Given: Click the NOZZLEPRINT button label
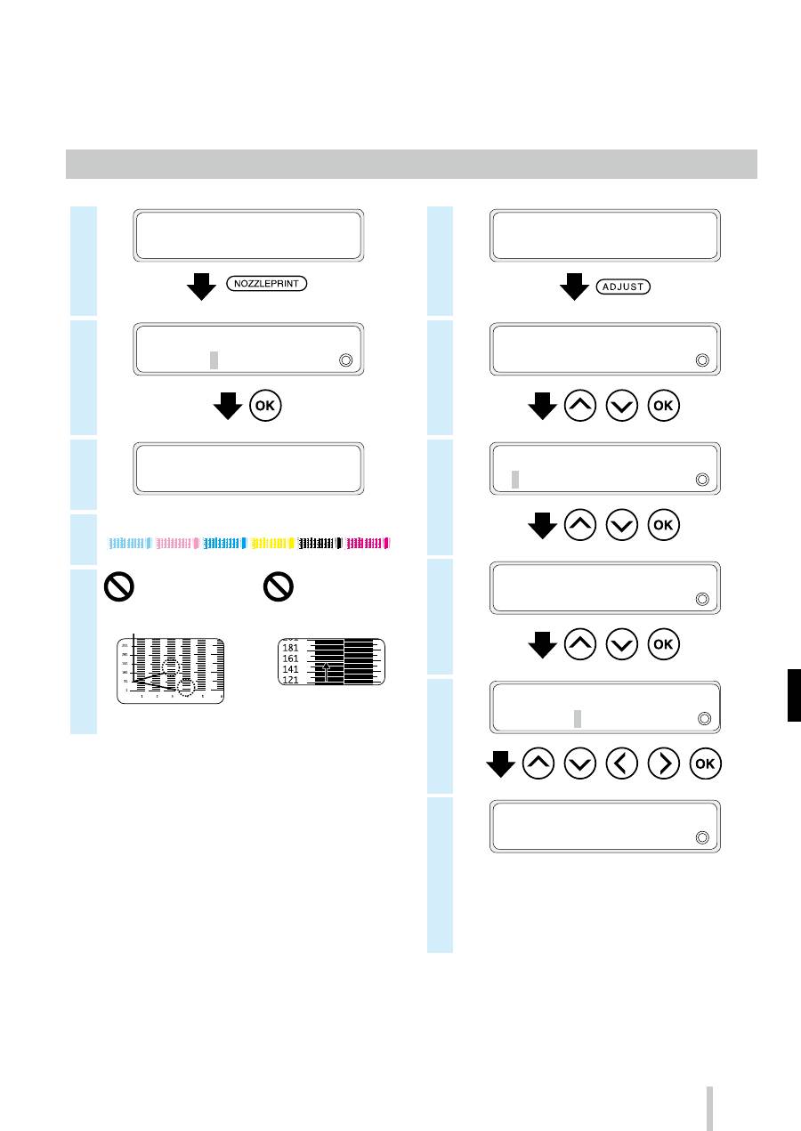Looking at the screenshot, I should click(x=266, y=285).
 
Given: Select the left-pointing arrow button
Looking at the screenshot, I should click(x=622, y=764).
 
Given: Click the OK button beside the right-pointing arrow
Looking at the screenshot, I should click(x=704, y=764).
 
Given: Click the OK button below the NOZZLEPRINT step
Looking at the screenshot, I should click(x=267, y=407).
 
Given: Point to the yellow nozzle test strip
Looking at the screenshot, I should click(x=273, y=541).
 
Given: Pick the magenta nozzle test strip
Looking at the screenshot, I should click(x=368, y=541).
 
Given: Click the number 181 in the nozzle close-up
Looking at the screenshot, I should click(x=289, y=648).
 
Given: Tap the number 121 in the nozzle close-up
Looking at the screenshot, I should click(x=289, y=680).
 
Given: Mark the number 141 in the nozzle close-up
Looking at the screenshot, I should click(x=289, y=669).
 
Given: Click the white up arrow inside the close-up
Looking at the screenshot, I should click(x=328, y=671).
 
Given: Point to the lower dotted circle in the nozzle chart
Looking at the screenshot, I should click(x=186, y=685).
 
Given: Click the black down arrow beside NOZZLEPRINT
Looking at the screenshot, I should click(x=204, y=286).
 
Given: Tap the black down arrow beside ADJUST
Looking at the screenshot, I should click(x=572, y=287).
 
